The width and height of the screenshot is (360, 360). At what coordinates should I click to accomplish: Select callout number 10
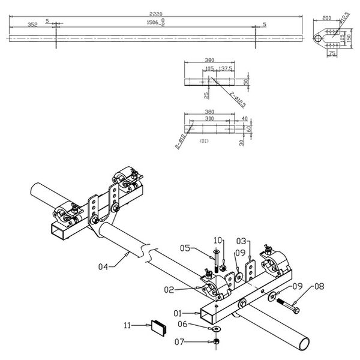tap(217, 240)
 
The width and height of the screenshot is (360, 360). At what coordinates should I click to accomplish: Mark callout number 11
tap(127, 326)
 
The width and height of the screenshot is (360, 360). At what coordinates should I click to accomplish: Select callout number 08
tap(319, 287)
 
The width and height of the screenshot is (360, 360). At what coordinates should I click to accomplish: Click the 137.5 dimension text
tap(227, 69)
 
